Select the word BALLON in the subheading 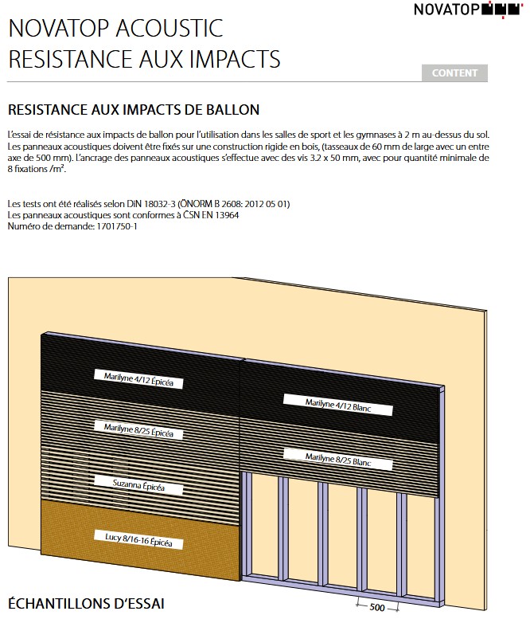pos(230,109)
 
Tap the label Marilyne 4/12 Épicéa pos(138,378)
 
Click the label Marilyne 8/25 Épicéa pos(138,430)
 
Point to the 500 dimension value pos(377,608)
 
